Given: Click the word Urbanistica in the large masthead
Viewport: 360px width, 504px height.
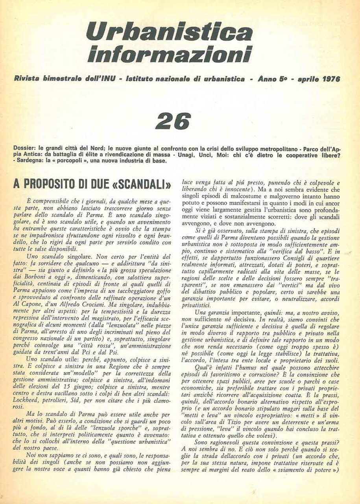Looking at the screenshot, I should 170,31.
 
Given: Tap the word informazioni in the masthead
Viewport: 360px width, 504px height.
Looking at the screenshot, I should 170,54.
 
